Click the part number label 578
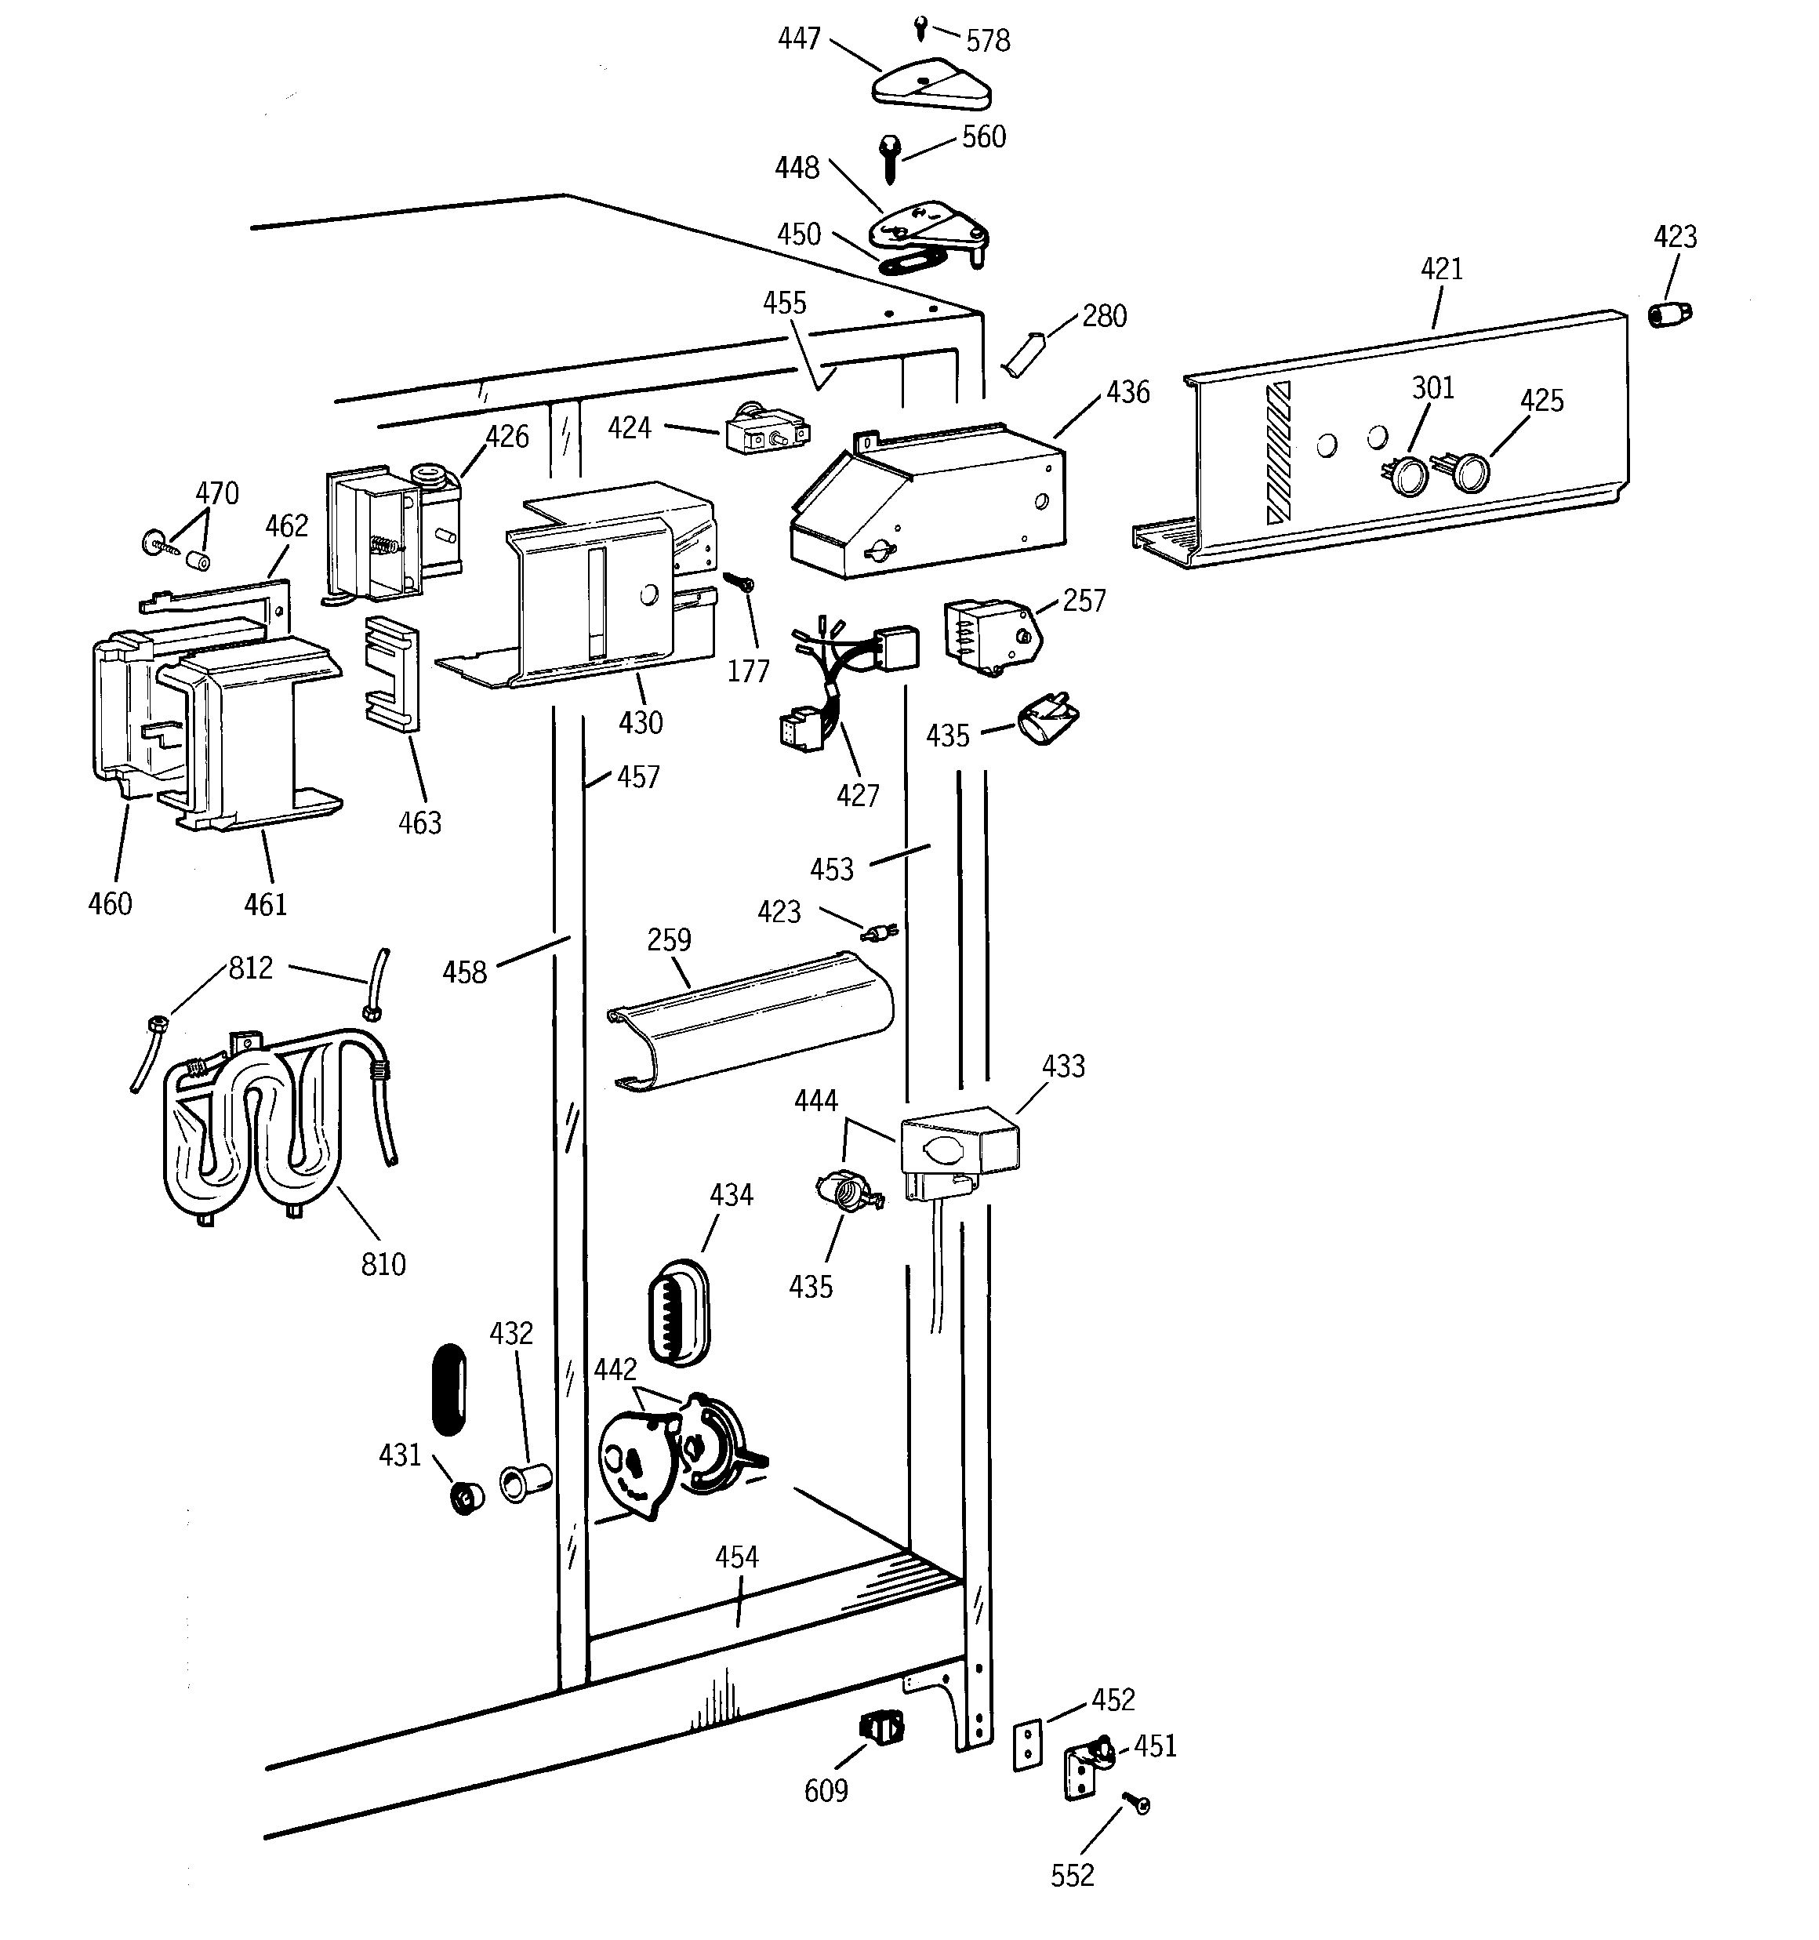tap(988, 41)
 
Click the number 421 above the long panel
tap(1441, 269)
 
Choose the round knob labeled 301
tap(1408, 475)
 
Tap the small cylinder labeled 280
tap(1024, 352)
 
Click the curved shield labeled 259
tap(750, 1023)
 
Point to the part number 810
tap(383, 1265)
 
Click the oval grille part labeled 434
tap(678, 1313)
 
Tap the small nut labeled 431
tap(467, 1496)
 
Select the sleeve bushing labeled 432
tap(525, 1481)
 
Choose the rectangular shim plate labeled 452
tap(1026, 1745)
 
